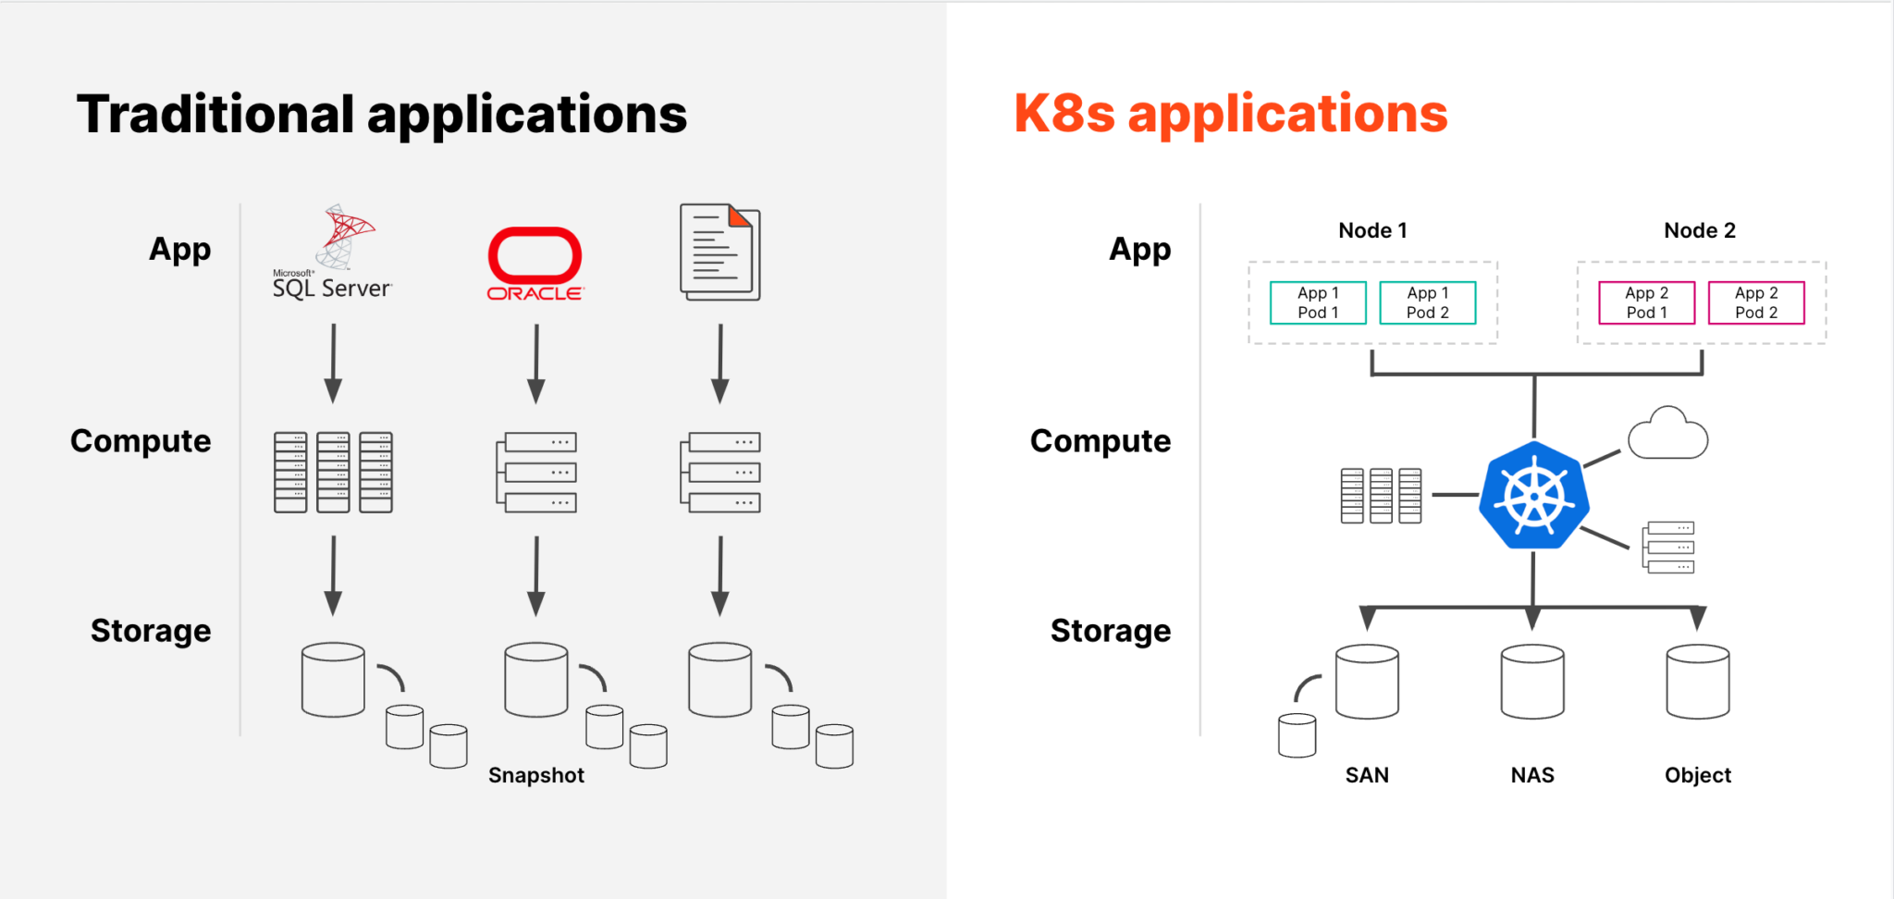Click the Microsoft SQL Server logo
click(x=333, y=252)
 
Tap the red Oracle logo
click(x=535, y=264)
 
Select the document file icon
click(x=719, y=252)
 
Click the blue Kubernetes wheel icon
click(x=1534, y=496)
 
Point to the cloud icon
click(x=1667, y=434)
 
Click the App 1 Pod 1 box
click(x=1318, y=302)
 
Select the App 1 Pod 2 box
click(x=1427, y=302)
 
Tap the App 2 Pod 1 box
click(x=1646, y=302)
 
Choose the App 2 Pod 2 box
click(x=1756, y=302)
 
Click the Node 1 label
click(x=1372, y=230)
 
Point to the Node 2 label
click(x=1700, y=230)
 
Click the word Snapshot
click(x=536, y=775)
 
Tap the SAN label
click(x=1367, y=775)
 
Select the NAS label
click(x=1532, y=775)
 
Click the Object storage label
click(x=1698, y=775)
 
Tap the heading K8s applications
click(x=1231, y=114)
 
